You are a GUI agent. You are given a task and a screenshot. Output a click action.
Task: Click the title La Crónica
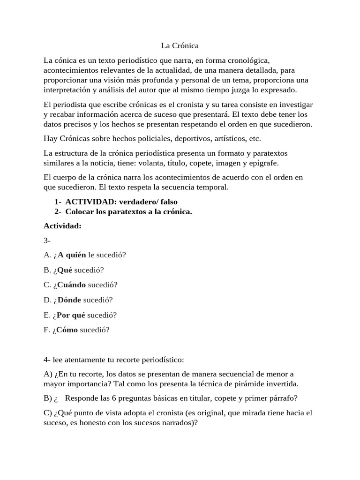coord(180,46)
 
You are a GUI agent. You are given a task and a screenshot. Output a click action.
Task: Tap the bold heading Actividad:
coord(62,226)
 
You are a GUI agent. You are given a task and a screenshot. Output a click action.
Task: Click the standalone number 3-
coord(47,240)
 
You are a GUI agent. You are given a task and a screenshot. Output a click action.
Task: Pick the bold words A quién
coord(72,255)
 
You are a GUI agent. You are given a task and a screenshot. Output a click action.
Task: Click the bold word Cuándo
coord(72,285)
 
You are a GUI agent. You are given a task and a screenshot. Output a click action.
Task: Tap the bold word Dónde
coord(69,300)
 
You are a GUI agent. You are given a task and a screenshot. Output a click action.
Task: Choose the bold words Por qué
coord(71,315)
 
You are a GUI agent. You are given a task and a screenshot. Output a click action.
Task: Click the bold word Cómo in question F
coord(67,330)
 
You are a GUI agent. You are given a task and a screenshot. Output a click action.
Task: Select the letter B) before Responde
coord(48,398)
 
